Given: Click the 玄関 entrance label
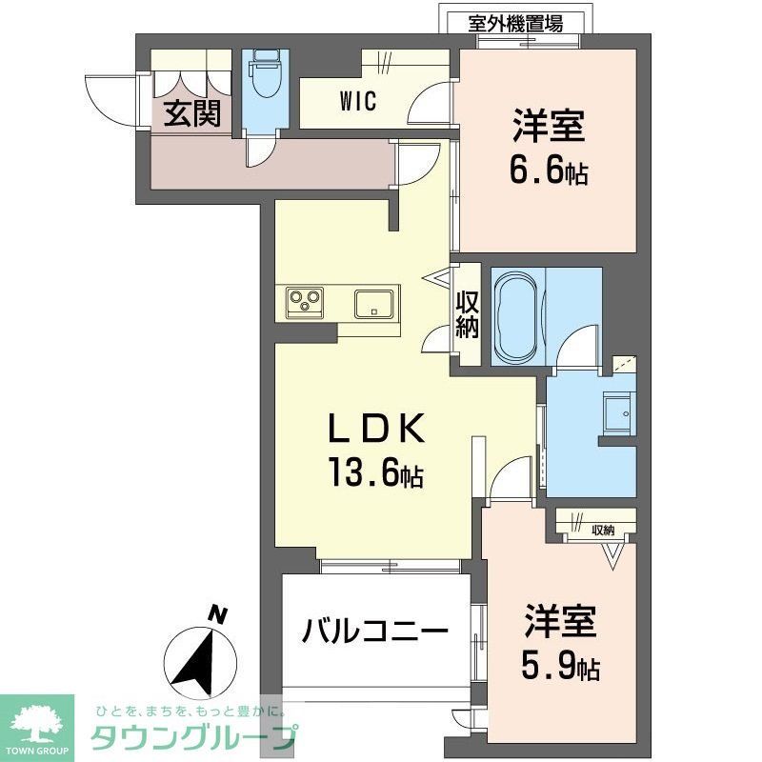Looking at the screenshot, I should point(191,113).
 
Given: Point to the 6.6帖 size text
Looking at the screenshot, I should point(549,172).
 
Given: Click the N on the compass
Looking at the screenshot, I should point(219,614).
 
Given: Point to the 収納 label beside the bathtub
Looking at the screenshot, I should point(466,314).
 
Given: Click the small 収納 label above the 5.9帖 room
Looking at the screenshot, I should point(603,531).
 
